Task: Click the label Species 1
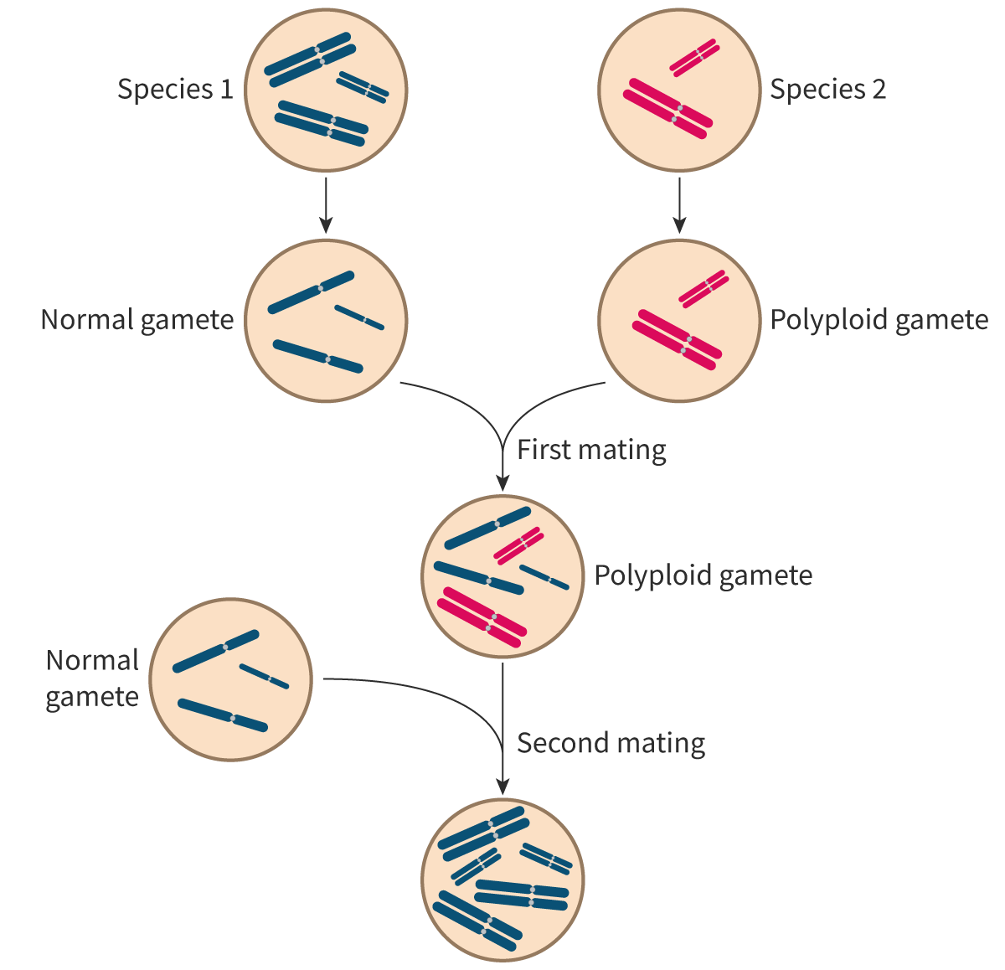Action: (175, 89)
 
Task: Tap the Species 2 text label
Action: (827, 89)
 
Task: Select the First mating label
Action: (591, 450)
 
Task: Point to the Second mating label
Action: (611, 743)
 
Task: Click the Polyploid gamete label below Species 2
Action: (879, 320)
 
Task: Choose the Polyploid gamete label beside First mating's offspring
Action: (703, 575)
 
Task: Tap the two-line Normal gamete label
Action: (92, 678)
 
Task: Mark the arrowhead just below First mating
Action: (502, 482)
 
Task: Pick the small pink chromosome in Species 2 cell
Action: (694, 57)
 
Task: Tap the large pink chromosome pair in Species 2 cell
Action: (668, 108)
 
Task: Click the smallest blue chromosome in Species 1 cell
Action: (363, 87)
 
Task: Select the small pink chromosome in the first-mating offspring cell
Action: (519, 544)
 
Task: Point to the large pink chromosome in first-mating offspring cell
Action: (482, 617)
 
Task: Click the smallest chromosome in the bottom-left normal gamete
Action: (265, 677)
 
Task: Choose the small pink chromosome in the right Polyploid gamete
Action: (703, 287)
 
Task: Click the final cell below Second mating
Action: (502, 880)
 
